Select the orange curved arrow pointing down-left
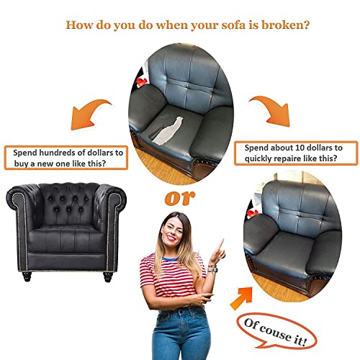pos(91,114)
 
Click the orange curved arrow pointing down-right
pos(271,111)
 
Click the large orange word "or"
pos(180,198)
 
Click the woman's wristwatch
pos(212,269)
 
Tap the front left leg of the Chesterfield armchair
pos(27,276)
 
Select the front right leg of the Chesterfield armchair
pos(108,276)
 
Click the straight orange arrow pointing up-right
pos(242,298)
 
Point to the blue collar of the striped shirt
pos(170,259)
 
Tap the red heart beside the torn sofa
pos(142,81)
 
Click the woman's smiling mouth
pos(171,238)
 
